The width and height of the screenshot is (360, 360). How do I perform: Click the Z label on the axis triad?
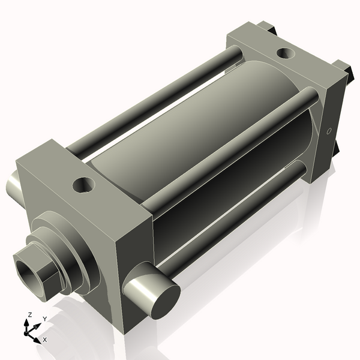[30, 314]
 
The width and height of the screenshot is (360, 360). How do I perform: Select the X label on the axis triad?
[45, 340]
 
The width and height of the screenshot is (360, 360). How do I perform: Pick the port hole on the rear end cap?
[284, 53]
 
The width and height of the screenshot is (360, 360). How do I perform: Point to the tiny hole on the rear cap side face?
[328, 130]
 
